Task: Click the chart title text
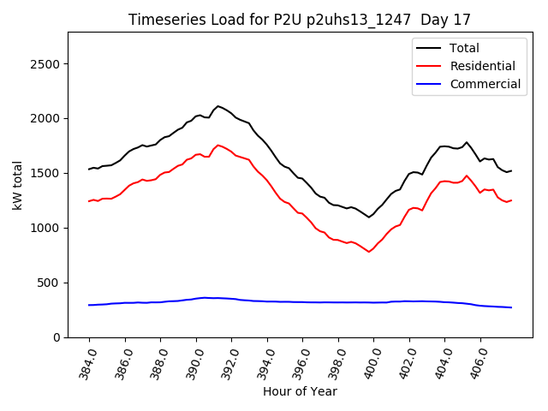click(x=299, y=20)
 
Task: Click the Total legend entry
click(x=464, y=48)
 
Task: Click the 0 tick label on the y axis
click(x=55, y=337)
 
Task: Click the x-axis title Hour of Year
click(x=299, y=392)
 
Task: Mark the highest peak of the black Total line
click(x=218, y=106)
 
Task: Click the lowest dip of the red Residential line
click(x=369, y=252)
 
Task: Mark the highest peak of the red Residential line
click(x=218, y=145)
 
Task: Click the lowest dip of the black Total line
click(x=369, y=217)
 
